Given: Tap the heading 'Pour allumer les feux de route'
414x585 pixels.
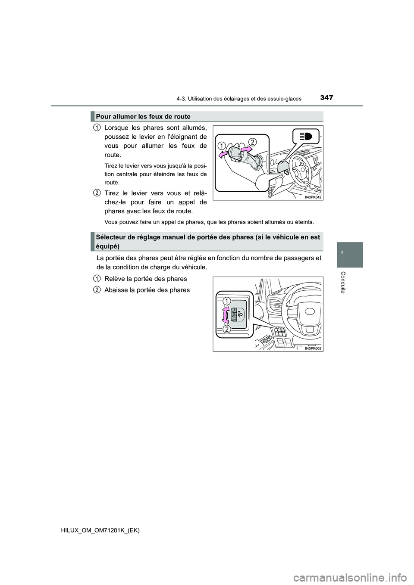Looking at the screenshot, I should point(143,117).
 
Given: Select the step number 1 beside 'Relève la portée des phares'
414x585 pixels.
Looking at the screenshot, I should point(97,279).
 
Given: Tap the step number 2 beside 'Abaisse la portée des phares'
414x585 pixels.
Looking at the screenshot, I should point(97,290).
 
